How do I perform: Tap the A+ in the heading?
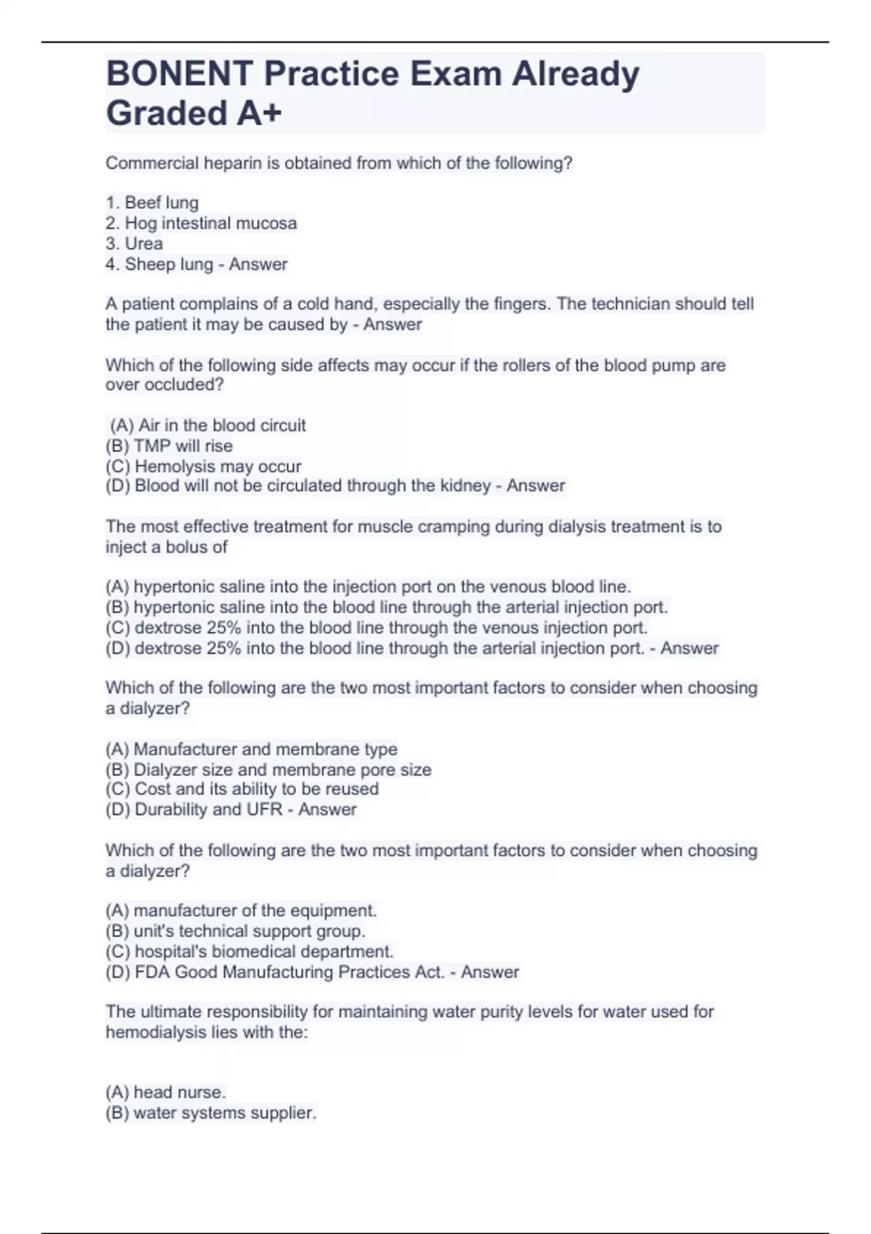click(x=258, y=114)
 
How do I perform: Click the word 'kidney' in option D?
click(x=465, y=486)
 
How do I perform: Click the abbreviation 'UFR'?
click(x=264, y=809)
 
